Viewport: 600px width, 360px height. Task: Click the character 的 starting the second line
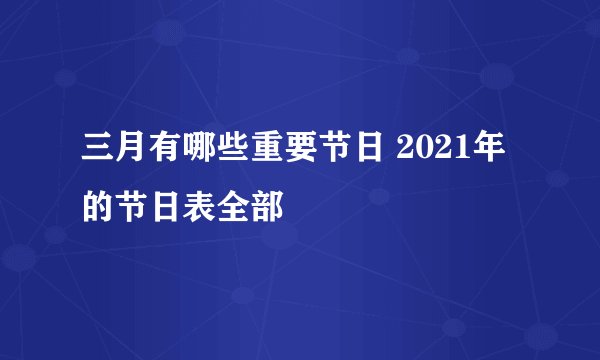100,208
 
